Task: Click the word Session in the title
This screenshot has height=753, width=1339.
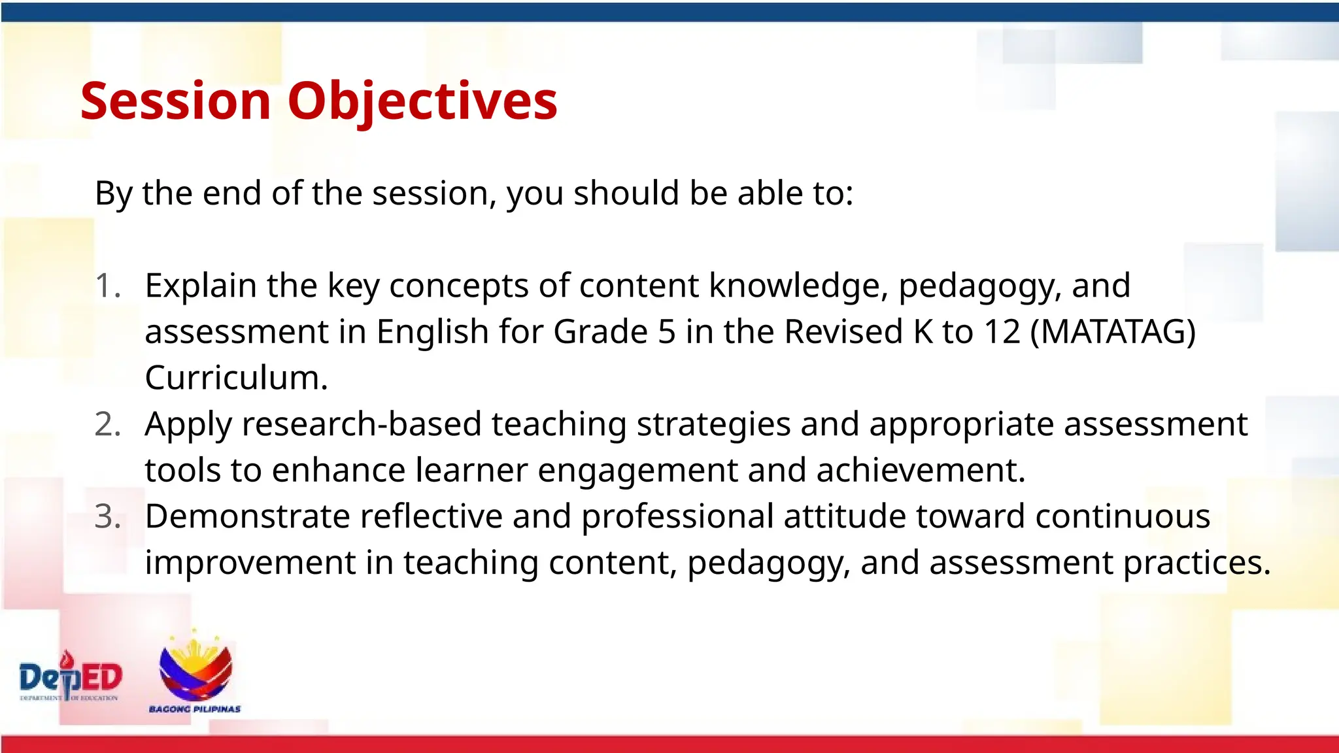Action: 175,101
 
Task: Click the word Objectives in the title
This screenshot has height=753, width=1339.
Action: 422,101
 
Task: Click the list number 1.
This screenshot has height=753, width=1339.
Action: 107,286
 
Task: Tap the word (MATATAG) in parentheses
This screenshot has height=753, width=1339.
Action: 1113,331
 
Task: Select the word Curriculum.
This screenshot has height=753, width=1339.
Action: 235,378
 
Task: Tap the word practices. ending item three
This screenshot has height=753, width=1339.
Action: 1196,563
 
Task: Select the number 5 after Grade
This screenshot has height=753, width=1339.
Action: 666,331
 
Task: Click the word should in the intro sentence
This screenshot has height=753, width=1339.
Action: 626,193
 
